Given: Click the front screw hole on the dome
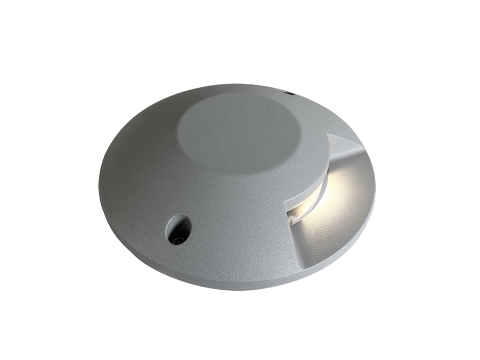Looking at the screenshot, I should pos(178,229).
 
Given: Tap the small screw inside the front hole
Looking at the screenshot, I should pos(176,240).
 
